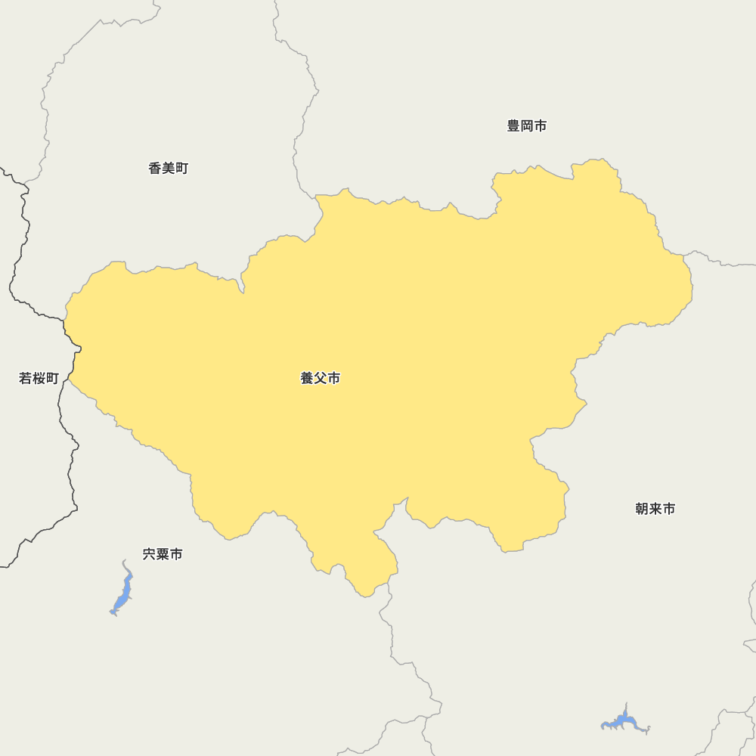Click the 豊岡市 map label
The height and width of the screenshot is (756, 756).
coord(527,126)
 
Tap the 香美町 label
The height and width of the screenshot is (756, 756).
coord(168,169)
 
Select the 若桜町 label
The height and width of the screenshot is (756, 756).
coord(39,379)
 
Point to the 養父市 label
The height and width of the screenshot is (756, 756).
coord(321,379)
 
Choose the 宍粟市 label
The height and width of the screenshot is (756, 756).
coord(163,555)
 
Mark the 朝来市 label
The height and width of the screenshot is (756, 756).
coord(655,510)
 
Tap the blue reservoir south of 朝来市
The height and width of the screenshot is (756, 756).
coord(624,721)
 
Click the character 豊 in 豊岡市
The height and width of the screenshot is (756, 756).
coord(513,126)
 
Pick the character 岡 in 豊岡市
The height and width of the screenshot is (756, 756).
coord(527,126)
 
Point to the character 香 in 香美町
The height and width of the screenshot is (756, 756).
coord(155,169)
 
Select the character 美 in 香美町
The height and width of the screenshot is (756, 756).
coord(168,169)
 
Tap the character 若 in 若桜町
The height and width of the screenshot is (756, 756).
coord(26,379)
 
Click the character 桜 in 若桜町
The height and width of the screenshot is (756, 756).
coord(39,379)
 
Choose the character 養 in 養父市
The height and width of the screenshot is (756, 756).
coord(308,379)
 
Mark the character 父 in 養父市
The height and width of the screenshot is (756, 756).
coord(321,379)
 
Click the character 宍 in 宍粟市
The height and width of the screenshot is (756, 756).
coord(150,555)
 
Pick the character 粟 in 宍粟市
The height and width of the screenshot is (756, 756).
coord(163,555)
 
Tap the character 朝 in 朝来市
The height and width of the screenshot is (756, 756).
coord(643,510)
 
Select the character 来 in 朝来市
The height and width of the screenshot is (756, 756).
coord(655,510)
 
